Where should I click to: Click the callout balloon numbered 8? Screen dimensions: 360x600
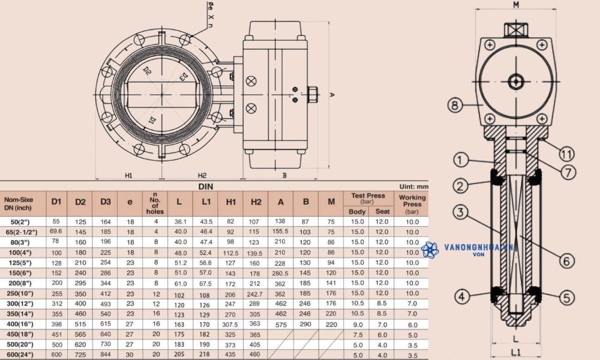click(455, 106)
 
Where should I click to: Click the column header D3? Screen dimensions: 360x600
click(106, 201)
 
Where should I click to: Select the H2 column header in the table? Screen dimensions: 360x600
click(256, 201)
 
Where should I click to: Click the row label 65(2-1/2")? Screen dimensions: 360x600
click(21, 232)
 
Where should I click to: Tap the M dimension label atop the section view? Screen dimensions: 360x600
click(515, 5)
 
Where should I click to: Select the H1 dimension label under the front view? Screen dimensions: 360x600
click(129, 175)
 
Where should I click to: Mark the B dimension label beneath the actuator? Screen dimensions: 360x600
click(284, 175)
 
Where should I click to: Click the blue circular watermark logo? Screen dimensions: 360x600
click(430, 250)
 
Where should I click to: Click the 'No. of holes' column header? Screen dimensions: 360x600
click(155, 203)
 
